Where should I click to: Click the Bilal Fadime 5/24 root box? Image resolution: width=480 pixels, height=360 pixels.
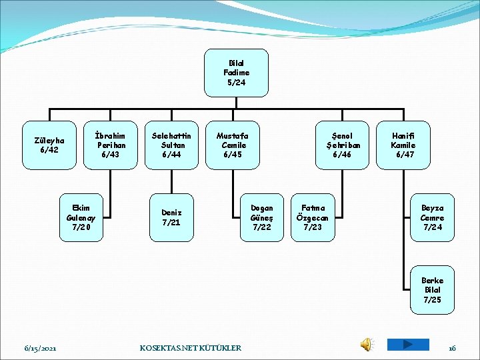coord(237,72)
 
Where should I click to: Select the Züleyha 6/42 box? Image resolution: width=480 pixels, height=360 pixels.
coord(49,145)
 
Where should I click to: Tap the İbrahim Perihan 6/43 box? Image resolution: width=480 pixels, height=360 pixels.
coord(108,145)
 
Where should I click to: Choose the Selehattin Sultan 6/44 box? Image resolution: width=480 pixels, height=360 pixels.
coord(172,145)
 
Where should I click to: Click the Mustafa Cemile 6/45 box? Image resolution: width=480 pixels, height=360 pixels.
coord(231,145)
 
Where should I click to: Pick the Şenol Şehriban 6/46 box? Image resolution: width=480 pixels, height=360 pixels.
coord(343,145)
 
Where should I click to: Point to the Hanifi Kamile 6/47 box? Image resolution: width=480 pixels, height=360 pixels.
coord(403,145)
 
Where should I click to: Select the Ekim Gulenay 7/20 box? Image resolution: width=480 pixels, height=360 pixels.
coord(81,217)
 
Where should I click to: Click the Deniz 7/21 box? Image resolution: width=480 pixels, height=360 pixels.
coord(171,217)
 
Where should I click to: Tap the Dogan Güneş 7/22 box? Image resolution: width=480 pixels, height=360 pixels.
coord(261,217)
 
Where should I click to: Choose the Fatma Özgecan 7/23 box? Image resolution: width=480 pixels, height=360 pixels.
coord(313,217)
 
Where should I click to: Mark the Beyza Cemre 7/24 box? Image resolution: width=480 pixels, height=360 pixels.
coord(431,217)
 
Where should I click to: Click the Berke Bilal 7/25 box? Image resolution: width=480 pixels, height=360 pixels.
coord(431,290)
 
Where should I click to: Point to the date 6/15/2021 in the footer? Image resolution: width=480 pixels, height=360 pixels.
coord(40,348)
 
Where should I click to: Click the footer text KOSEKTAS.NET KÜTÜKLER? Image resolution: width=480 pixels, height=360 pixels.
coord(190,348)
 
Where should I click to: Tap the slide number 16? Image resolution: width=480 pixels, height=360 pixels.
coord(452,348)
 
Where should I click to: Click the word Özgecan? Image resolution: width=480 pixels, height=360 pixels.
coord(313,218)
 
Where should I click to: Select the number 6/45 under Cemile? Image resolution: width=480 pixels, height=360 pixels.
coord(231,155)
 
